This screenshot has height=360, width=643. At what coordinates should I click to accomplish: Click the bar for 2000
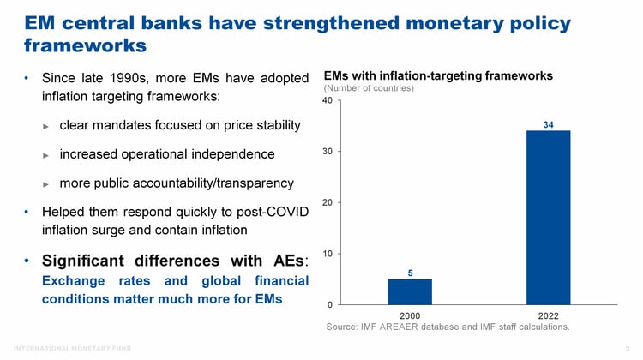tap(410, 291)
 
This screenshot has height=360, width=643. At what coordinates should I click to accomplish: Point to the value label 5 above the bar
tap(410, 273)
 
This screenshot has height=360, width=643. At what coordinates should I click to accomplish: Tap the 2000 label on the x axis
tap(410, 315)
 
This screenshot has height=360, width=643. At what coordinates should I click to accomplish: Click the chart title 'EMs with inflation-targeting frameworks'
tap(438, 75)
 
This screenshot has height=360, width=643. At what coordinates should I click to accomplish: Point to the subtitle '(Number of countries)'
tap(369, 88)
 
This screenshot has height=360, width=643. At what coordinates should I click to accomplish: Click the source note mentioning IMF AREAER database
tap(448, 327)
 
